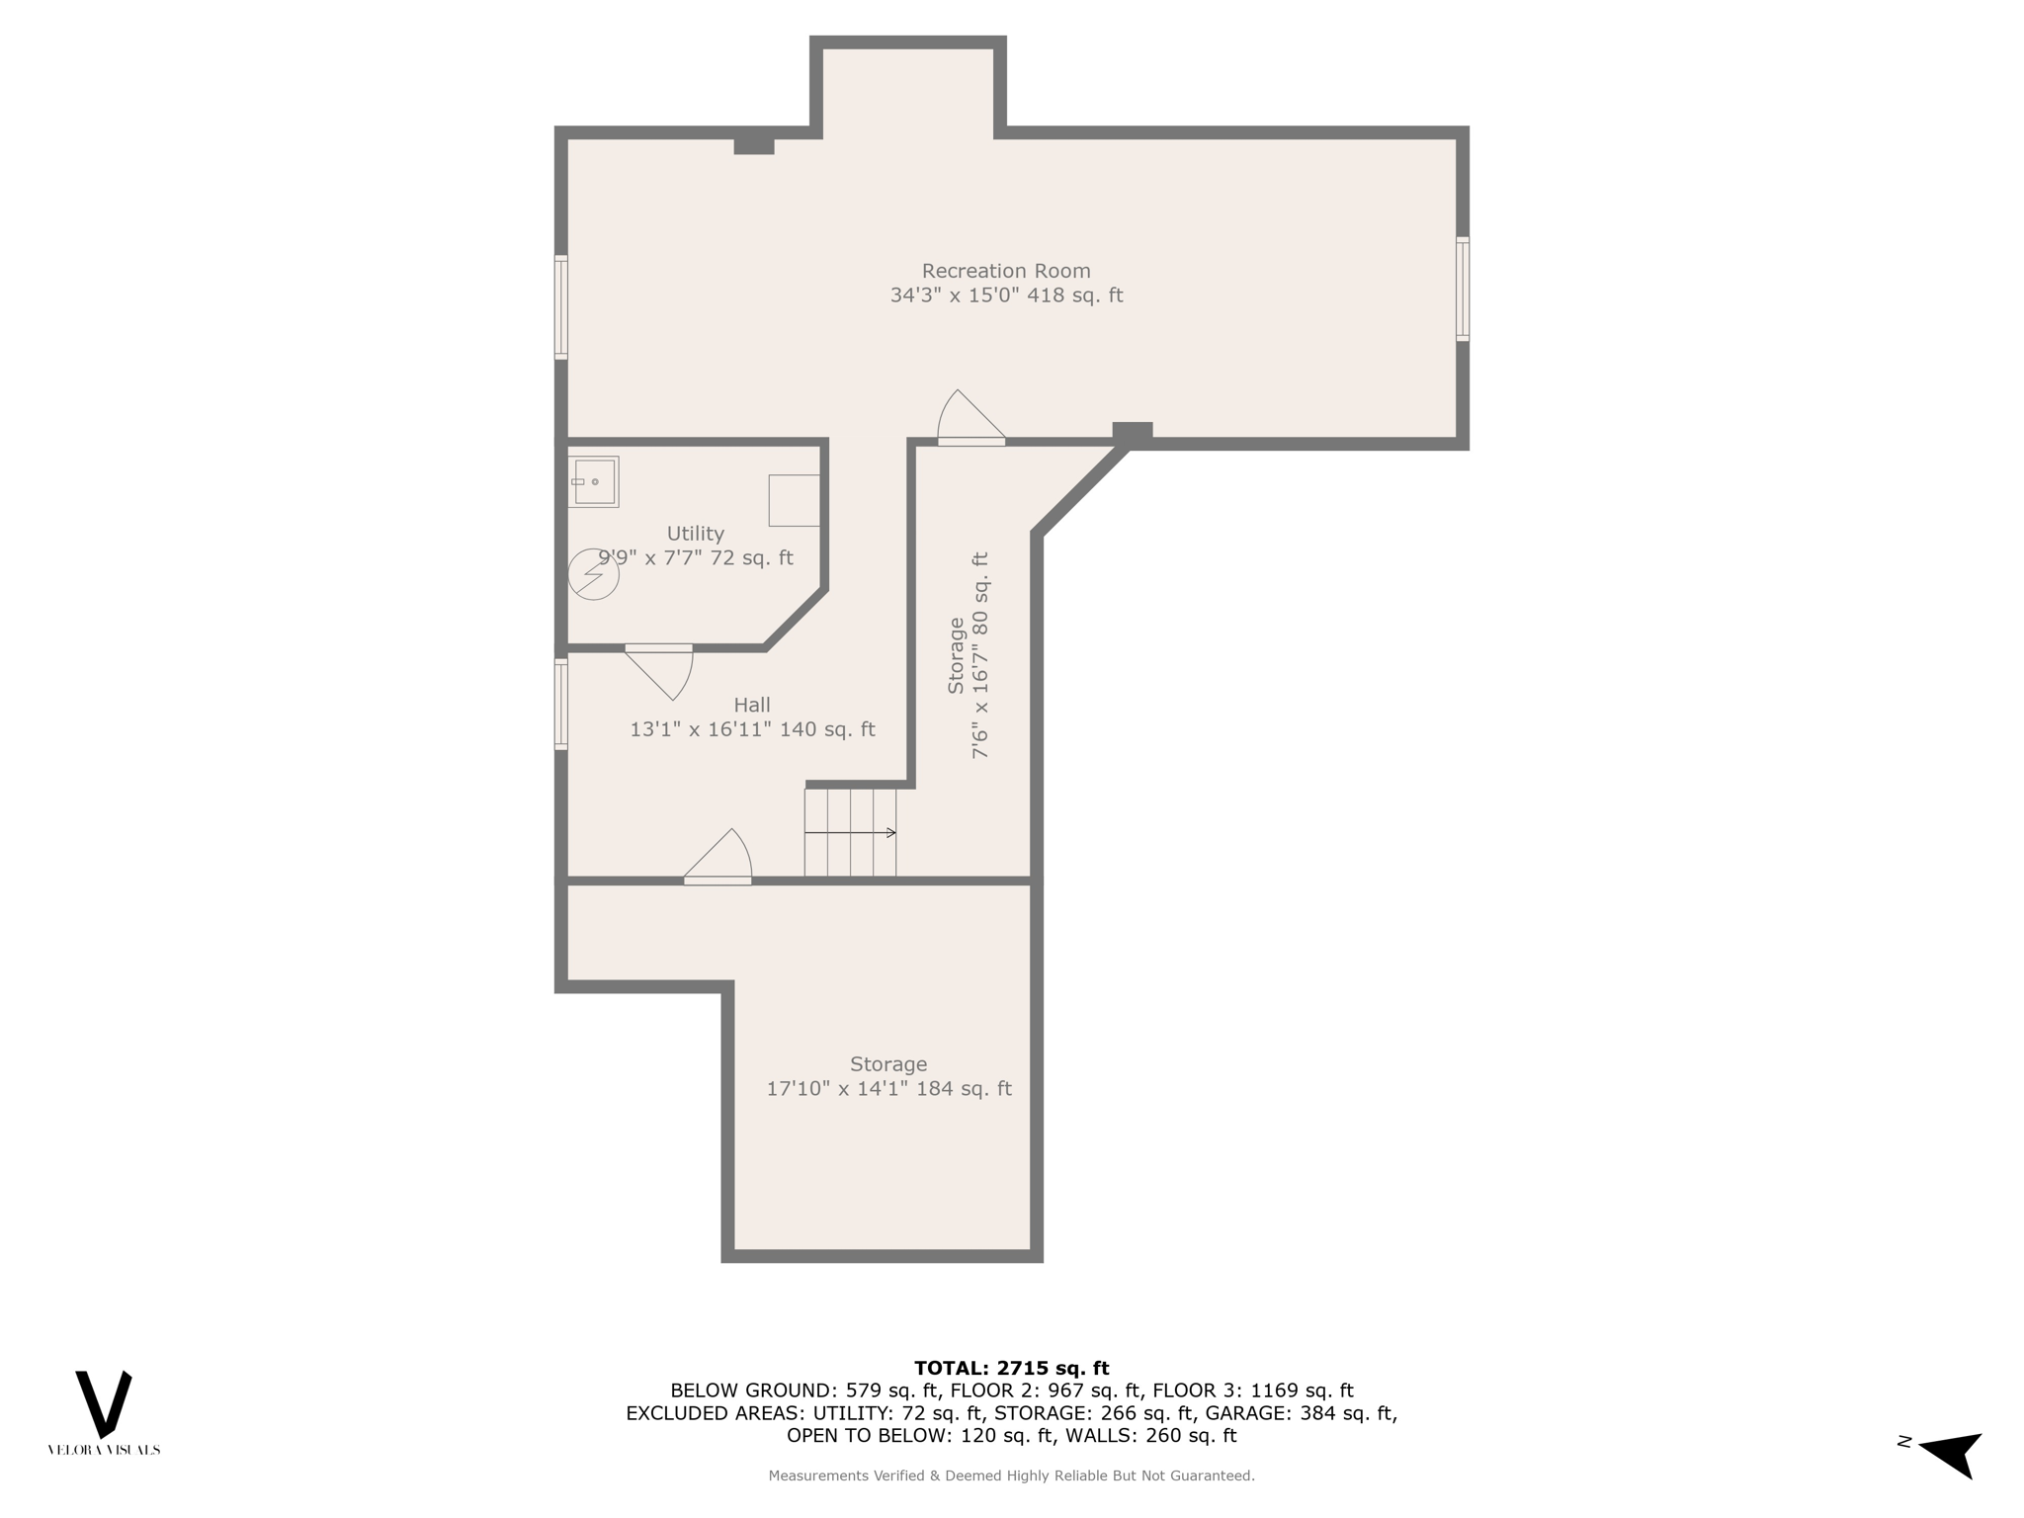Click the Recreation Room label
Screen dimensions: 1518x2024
click(1006, 283)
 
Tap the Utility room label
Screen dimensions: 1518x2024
click(695, 546)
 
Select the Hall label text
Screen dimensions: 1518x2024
click(752, 717)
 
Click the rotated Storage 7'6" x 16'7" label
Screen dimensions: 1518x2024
click(968, 655)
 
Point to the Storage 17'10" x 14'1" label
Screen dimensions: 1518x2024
click(888, 1076)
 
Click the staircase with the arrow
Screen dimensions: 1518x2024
click(850, 832)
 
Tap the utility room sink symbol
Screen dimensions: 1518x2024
click(593, 482)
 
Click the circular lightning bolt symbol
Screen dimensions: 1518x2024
click(593, 574)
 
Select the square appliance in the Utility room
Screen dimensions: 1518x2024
click(794, 500)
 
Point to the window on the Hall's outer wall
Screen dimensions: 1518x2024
click(560, 705)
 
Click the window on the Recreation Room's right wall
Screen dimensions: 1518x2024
click(1463, 289)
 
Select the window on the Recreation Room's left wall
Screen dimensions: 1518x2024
click(560, 306)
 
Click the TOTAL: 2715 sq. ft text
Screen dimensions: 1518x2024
click(1011, 1368)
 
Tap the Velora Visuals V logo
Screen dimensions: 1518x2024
click(104, 1404)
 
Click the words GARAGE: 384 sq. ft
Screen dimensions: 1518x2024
click(1300, 1413)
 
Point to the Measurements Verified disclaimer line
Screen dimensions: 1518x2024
click(1011, 1476)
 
